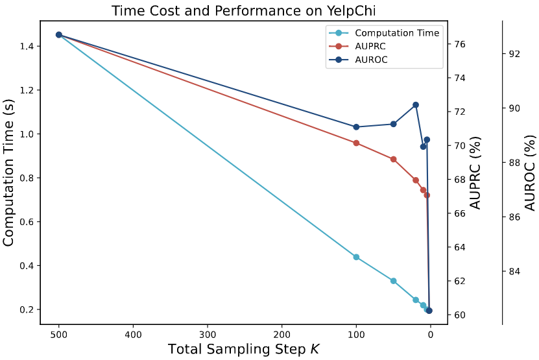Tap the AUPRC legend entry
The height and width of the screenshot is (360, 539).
[370, 46]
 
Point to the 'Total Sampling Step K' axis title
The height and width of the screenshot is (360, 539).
[243, 349]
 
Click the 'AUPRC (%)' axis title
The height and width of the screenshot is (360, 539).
[475, 173]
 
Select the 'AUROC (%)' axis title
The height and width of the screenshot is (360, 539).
[530, 173]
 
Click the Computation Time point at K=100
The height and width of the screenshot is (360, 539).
[356, 257]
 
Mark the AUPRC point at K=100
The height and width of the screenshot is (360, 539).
[356, 143]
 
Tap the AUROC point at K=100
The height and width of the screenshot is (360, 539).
[356, 126]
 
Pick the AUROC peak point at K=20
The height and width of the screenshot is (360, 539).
[416, 104]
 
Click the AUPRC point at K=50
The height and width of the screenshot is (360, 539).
[393, 159]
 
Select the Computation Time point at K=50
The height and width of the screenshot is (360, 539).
[393, 281]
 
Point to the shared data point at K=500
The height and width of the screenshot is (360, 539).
[59, 35]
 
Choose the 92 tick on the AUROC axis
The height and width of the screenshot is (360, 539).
[514, 53]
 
